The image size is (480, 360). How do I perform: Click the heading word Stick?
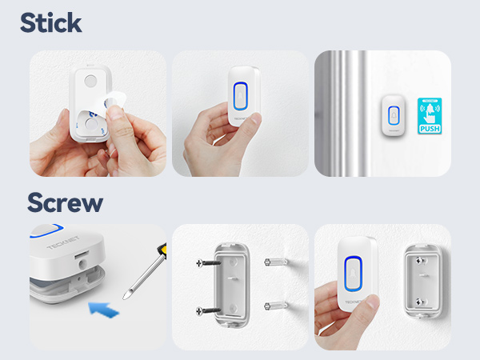click(x=51, y=22)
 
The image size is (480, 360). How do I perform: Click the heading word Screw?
click(x=65, y=202)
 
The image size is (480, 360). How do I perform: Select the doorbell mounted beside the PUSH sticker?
click(x=394, y=115)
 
